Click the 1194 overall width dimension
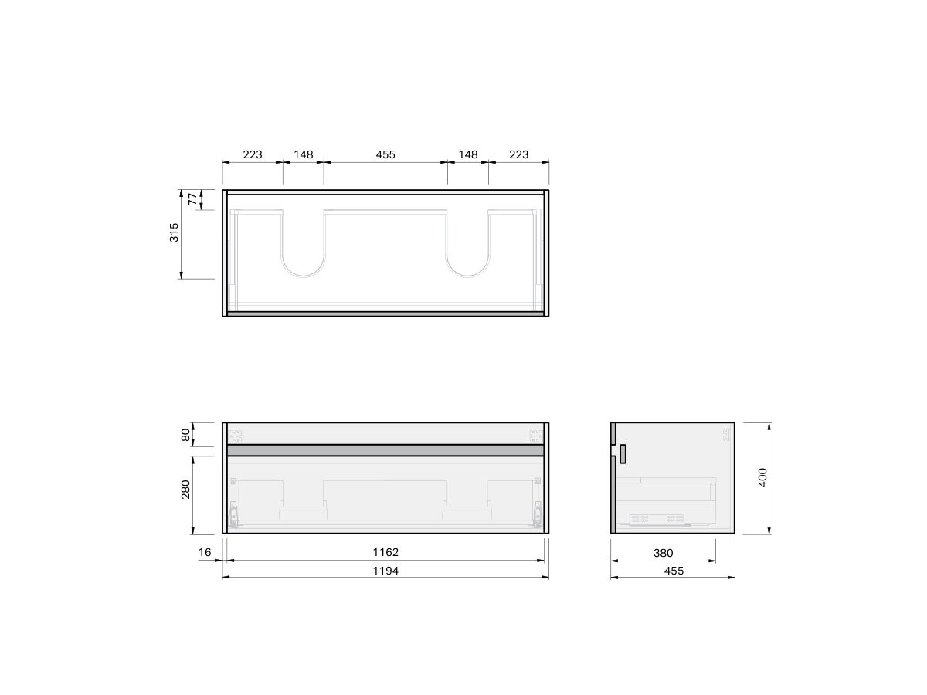tap(385, 571)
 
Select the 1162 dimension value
tap(385, 552)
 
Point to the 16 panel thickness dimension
tap(205, 552)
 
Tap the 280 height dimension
tap(185, 490)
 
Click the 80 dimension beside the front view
tap(185, 435)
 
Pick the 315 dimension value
tap(175, 232)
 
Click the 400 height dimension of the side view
tap(763, 477)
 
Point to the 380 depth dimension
tap(663, 552)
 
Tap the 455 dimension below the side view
tap(673, 571)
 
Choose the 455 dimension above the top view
tap(385, 154)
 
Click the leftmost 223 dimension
tap(253, 154)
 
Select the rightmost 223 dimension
tap(518, 154)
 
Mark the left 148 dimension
tap(304, 154)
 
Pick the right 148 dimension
tap(468, 154)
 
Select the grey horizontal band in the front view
tap(385, 449)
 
